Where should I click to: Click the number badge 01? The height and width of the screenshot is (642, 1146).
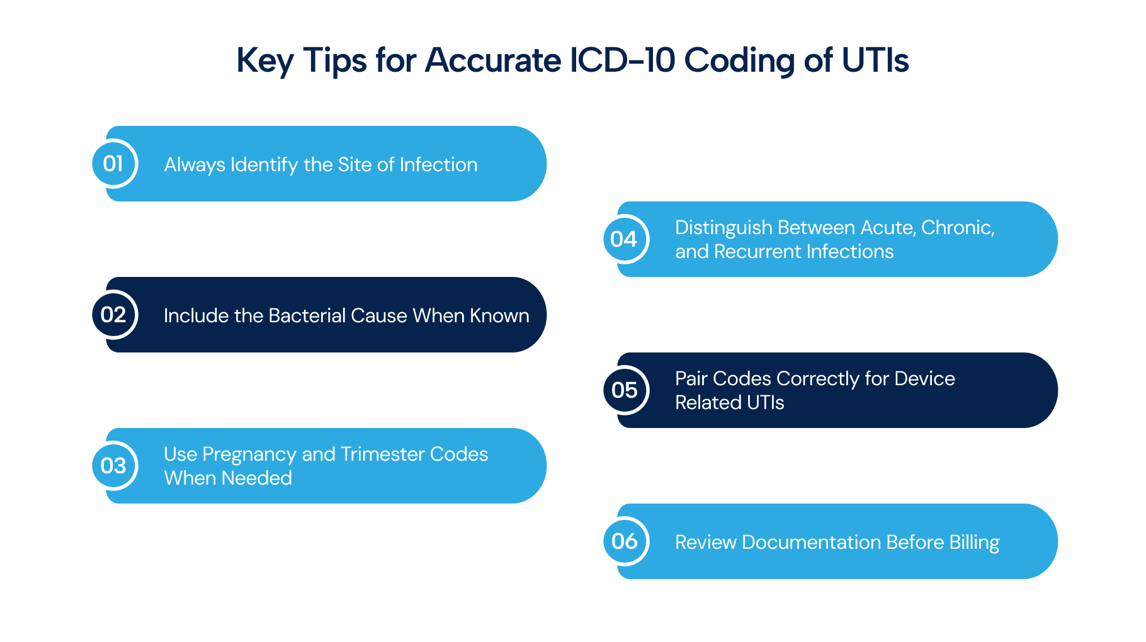(114, 164)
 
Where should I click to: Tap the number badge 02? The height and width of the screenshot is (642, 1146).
(114, 315)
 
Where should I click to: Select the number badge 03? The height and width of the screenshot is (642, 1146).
(114, 466)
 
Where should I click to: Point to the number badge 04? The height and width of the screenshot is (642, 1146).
(625, 239)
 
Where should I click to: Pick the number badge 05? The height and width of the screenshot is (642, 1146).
(625, 390)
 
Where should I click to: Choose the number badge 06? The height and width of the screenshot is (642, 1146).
(625, 541)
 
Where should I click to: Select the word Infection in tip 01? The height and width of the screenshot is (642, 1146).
(438, 164)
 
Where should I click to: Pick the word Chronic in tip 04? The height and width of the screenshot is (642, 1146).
(958, 228)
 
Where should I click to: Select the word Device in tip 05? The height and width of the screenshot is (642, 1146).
(924, 378)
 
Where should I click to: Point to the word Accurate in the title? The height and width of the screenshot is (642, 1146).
(493, 60)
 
